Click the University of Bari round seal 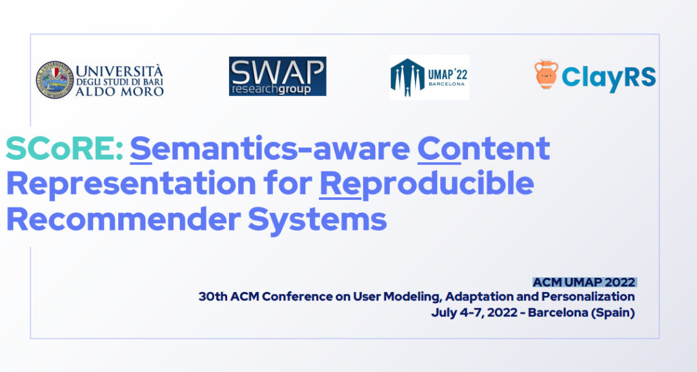[x=54, y=79]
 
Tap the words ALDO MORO [x=119, y=92]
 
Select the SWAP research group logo [x=278, y=76]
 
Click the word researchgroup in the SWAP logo [x=271, y=89]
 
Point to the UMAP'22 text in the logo [x=448, y=74]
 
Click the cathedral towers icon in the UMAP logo [x=407, y=77]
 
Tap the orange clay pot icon [x=546, y=75]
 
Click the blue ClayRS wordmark [x=609, y=77]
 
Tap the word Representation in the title [x=131, y=184]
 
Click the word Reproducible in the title [x=427, y=184]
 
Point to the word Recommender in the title [x=123, y=219]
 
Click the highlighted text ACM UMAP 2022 [x=584, y=282]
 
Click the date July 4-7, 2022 [x=474, y=313]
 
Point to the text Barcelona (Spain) [x=581, y=313]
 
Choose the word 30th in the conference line [x=212, y=297]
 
